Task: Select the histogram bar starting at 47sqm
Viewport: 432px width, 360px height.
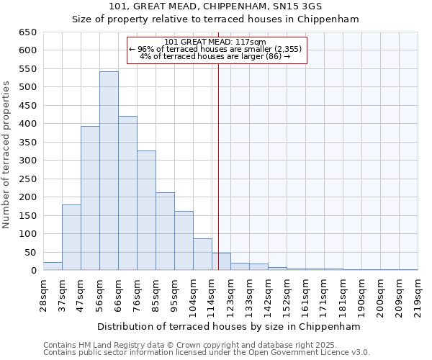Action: click(90, 199)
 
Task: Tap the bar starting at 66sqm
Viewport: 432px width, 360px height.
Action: click(127, 194)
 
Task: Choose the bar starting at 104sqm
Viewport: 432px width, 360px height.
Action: click(202, 255)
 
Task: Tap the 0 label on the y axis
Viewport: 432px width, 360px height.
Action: click(34, 271)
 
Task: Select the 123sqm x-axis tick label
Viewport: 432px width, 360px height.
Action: click(230, 295)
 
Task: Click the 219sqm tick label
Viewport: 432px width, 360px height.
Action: click(418, 295)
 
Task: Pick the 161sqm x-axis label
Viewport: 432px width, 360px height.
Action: click(305, 295)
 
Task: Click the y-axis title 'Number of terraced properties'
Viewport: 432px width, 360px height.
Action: click(7, 155)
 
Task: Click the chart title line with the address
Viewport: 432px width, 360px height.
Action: click(215, 6)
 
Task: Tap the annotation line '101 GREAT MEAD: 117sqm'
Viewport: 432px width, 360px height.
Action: click(215, 42)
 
